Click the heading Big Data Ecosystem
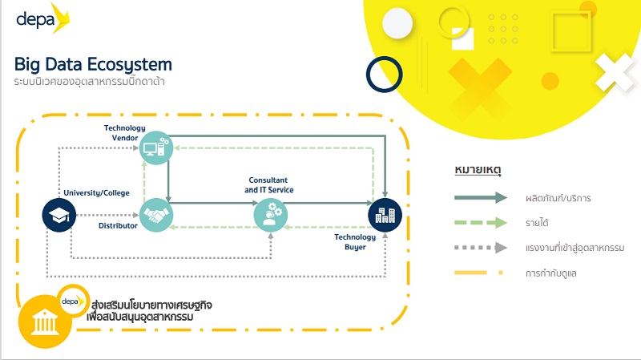tap(93, 64)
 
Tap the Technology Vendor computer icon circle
tap(155, 148)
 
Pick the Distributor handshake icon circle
tap(155, 215)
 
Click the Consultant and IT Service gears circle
tap(270, 214)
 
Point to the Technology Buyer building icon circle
tap(385, 214)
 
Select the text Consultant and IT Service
tap(269, 185)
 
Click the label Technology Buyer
tap(350, 242)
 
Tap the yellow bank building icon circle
tap(41, 322)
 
